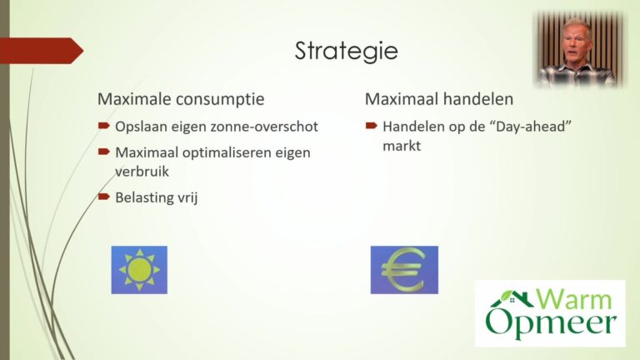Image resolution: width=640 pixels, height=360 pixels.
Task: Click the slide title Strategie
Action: click(346, 51)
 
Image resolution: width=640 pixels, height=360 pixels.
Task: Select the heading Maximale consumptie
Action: click(181, 99)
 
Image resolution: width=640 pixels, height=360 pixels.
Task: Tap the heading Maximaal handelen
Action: click(439, 99)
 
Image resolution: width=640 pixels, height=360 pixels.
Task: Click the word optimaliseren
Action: click(227, 153)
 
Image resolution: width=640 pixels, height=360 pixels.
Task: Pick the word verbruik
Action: click(142, 172)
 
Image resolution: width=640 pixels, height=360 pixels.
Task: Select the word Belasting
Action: click(143, 198)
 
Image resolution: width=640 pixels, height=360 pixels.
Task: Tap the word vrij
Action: click(187, 198)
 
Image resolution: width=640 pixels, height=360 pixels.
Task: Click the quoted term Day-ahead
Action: click(533, 127)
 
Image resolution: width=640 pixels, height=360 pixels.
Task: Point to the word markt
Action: click(402, 146)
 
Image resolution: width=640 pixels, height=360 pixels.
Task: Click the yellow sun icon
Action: click(139, 270)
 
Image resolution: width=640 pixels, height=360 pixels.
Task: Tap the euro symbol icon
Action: click(404, 270)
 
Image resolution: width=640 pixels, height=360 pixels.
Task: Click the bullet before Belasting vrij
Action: click(103, 197)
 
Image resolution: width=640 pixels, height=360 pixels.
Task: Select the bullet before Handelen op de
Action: click(371, 126)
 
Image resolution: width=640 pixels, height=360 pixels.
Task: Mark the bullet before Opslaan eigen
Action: click(103, 126)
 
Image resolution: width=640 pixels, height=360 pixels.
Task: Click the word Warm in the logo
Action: click(573, 299)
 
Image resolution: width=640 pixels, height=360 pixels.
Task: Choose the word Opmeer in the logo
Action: click(551, 323)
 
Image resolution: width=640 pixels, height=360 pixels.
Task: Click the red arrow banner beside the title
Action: click(42, 51)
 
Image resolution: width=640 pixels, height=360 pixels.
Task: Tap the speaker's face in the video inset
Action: click(577, 42)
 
